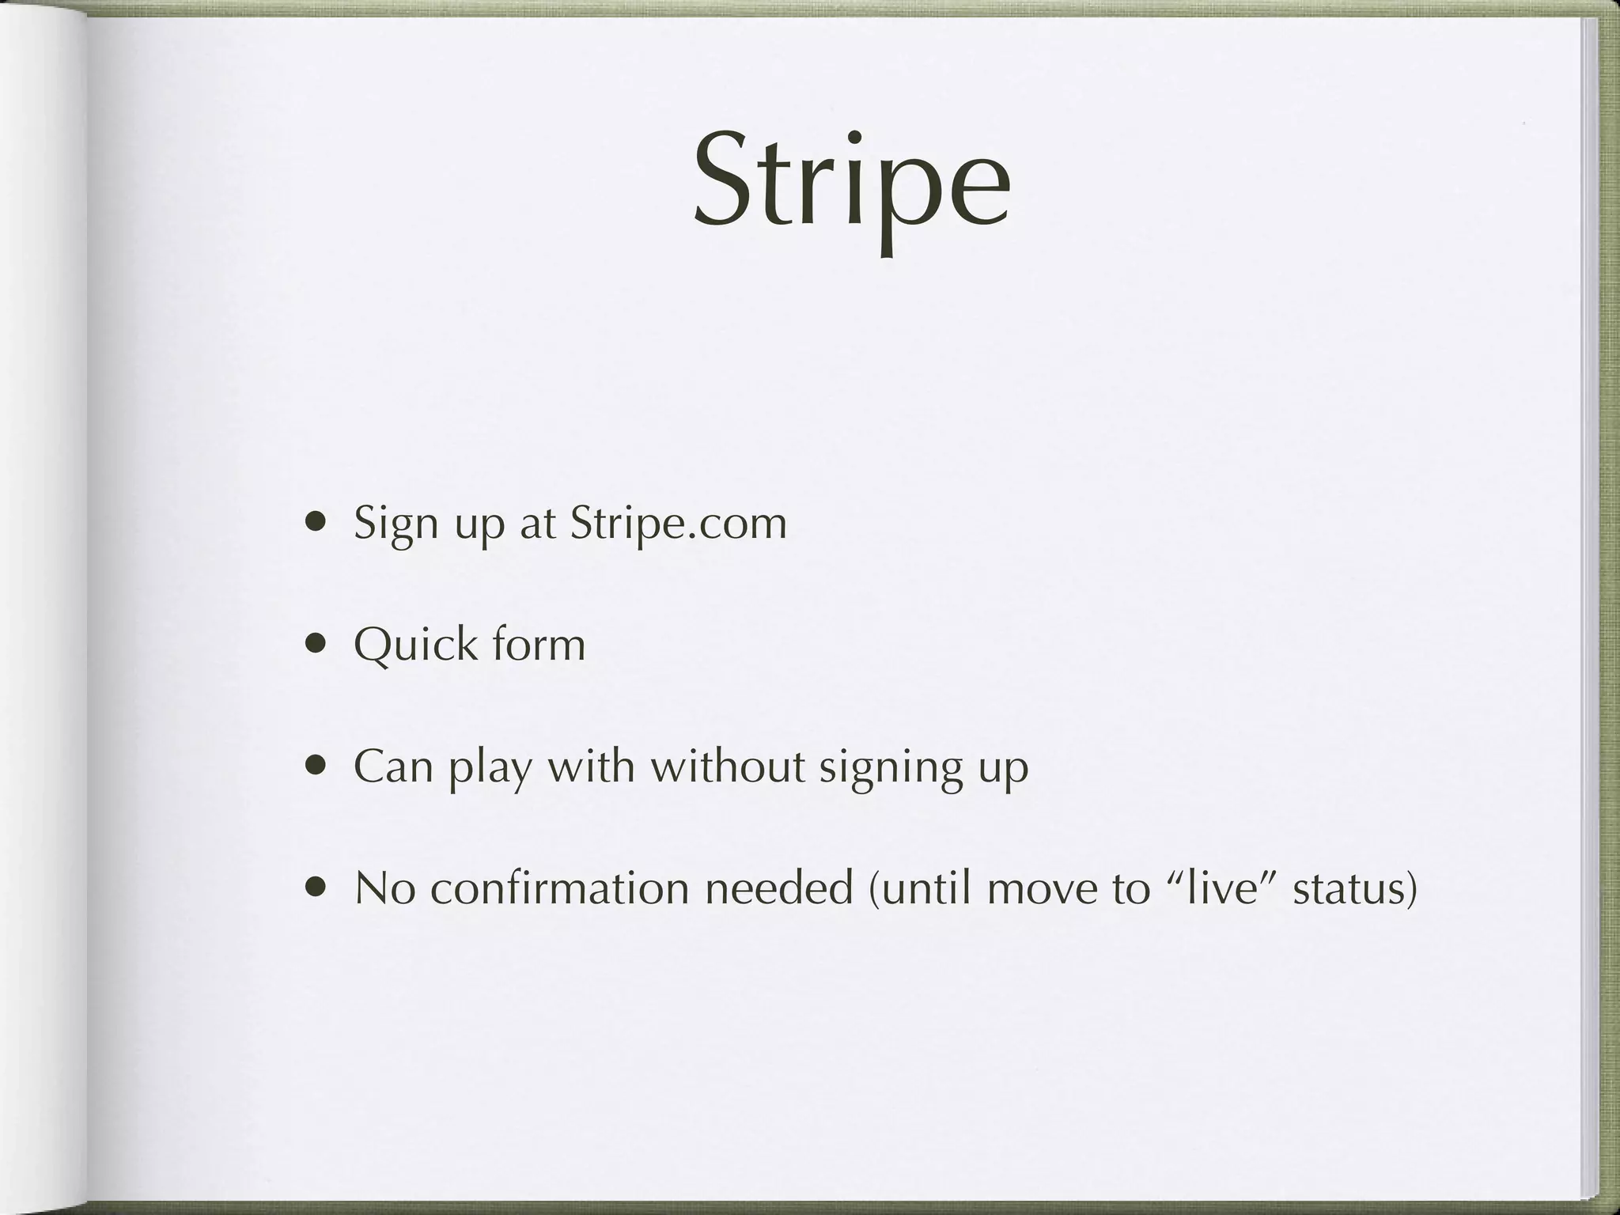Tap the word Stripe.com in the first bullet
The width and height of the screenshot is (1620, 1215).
[x=678, y=523]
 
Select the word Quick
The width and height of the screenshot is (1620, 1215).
[x=416, y=645]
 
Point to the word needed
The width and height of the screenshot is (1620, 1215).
[x=779, y=888]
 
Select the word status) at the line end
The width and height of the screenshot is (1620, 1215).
[x=1354, y=888]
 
